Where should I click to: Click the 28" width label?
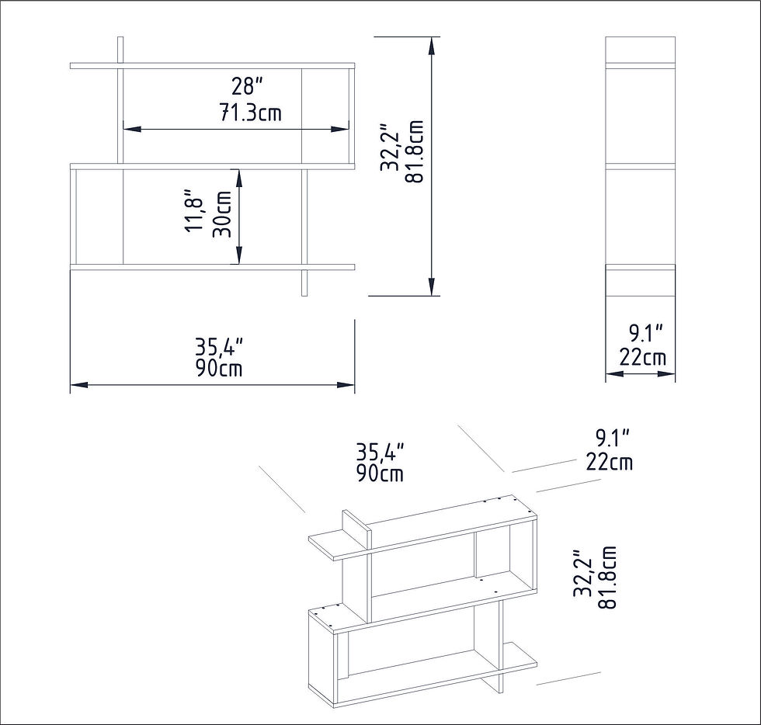[x=247, y=87]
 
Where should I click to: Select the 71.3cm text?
[x=251, y=113]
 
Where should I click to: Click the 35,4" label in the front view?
[x=219, y=348]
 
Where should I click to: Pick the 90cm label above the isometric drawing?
[x=380, y=474]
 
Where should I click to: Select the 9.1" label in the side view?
[x=646, y=334]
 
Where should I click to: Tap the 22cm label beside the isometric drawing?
[x=609, y=462]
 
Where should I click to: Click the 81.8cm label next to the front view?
[x=415, y=151]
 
